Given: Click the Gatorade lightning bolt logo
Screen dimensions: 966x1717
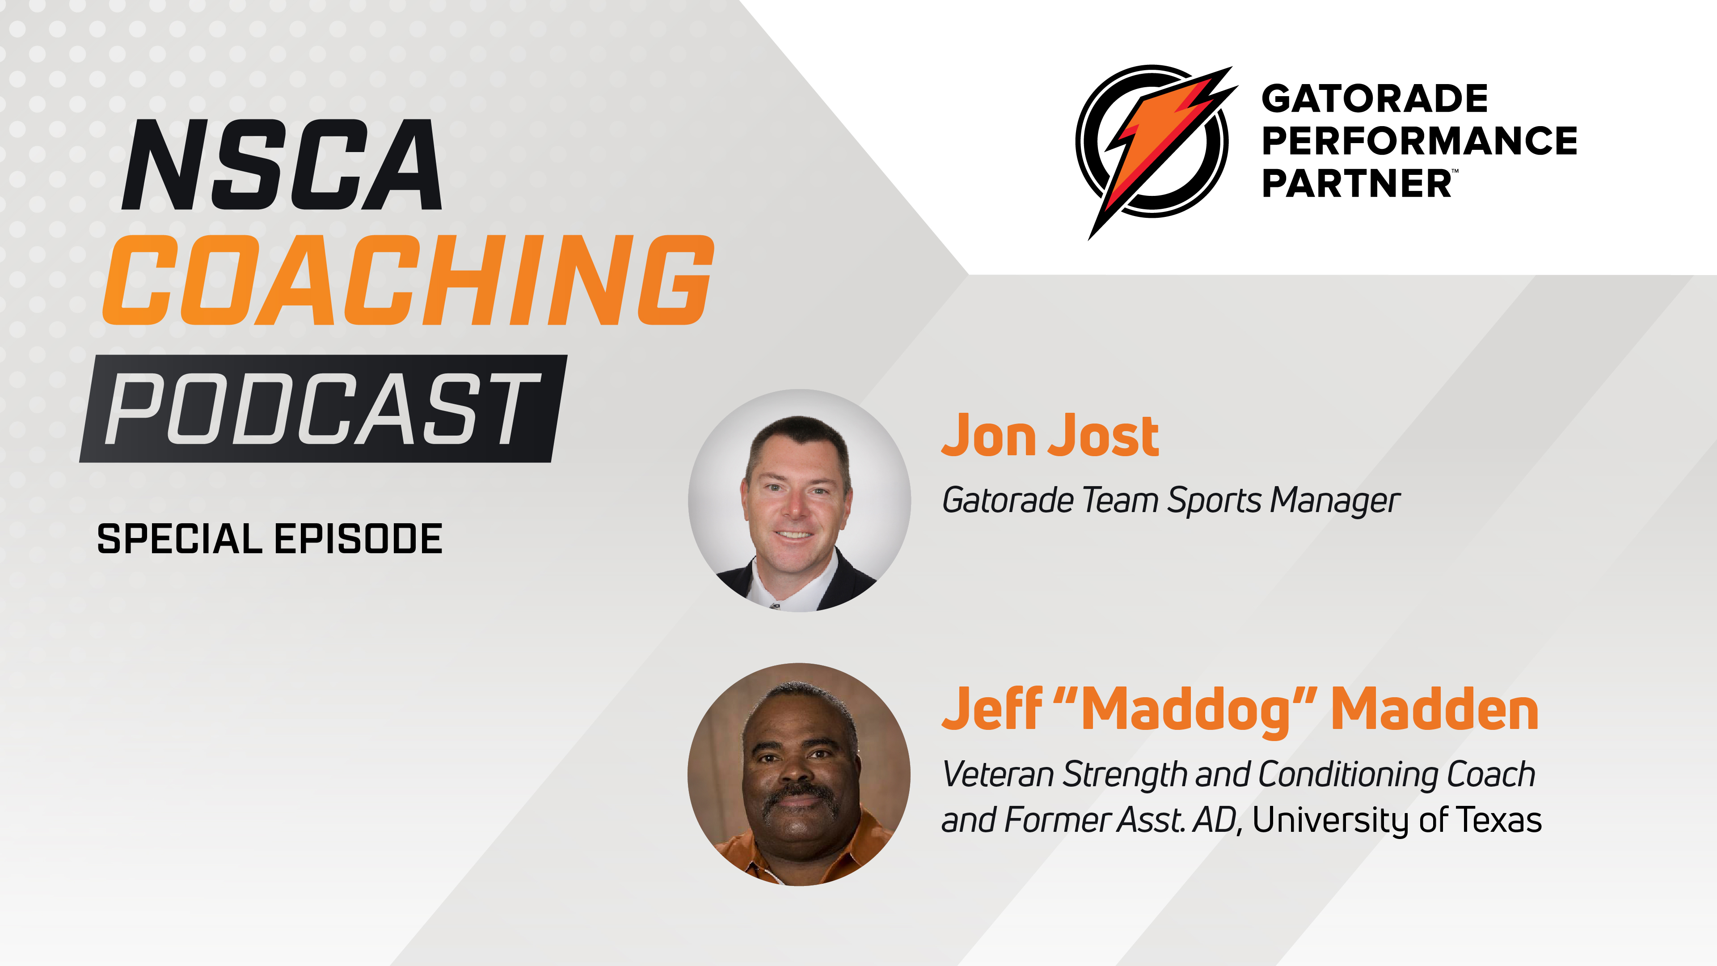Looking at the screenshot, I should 1155,143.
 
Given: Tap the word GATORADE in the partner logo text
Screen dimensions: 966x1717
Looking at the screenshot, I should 1375,99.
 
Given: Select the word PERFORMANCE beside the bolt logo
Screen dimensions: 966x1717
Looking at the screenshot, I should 1419,141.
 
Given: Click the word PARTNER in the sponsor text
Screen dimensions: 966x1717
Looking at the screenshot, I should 1356,183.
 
